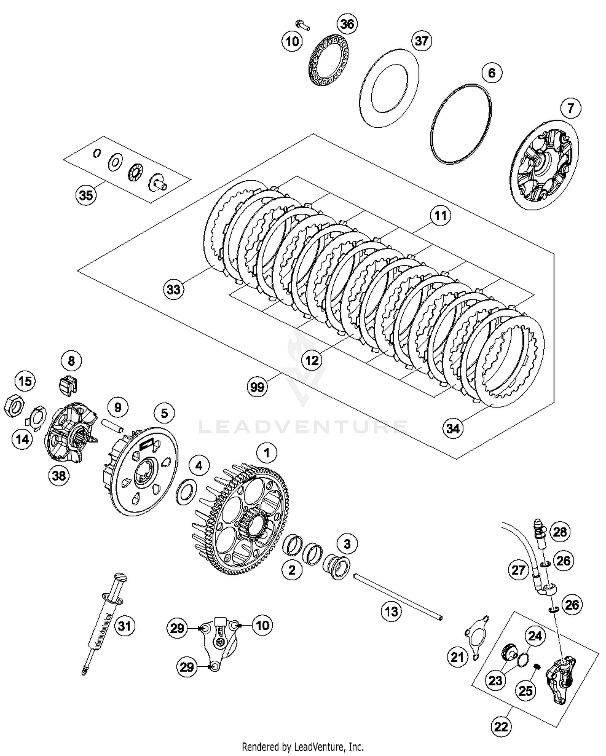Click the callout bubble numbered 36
(347, 24)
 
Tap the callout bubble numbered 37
(421, 41)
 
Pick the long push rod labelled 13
(398, 597)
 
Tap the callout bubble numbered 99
(257, 387)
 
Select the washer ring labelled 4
(186, 491)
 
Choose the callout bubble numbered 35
(86, 195)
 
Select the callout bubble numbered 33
(174, 289)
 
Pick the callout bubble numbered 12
(312, 360)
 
